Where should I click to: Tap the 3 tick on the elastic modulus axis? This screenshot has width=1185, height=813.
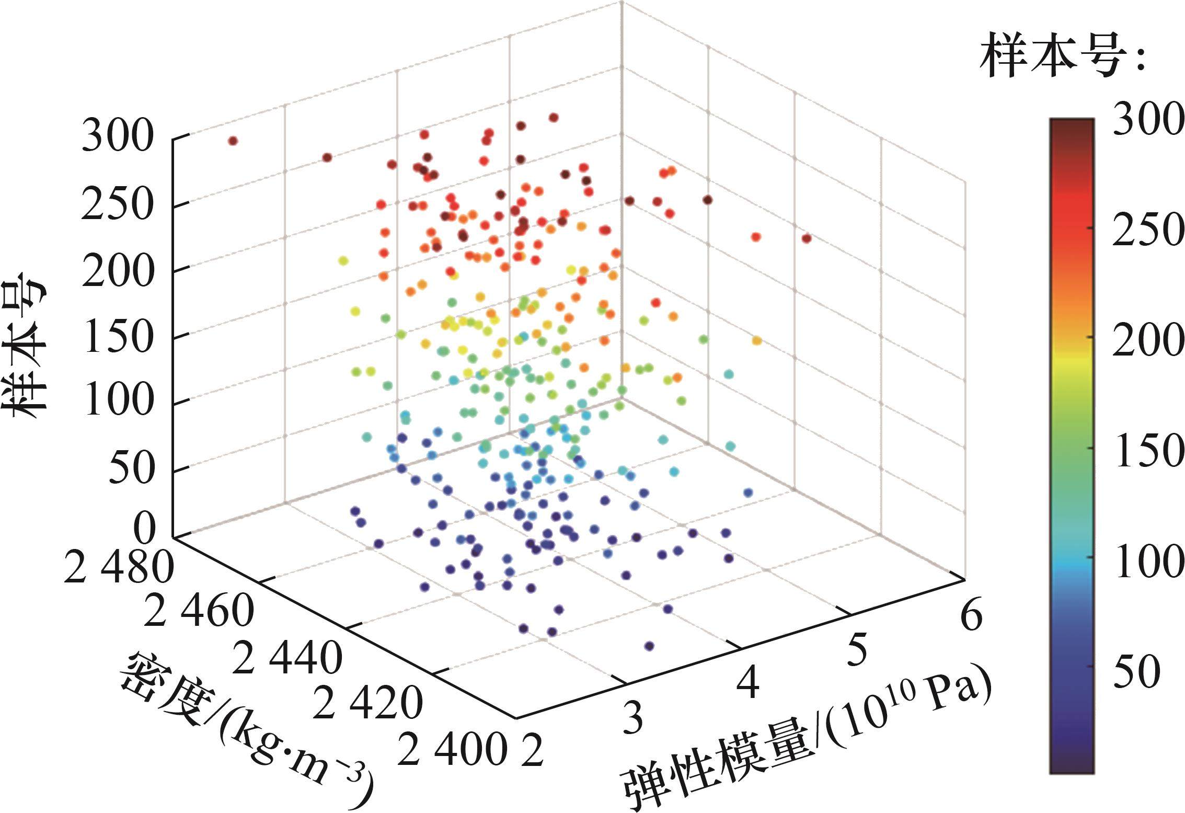click(x=634, y=719)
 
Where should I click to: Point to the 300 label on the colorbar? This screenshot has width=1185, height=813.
click(x=1147, y=134)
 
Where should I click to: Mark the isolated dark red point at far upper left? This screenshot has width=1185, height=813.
click(x=233, y=141)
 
